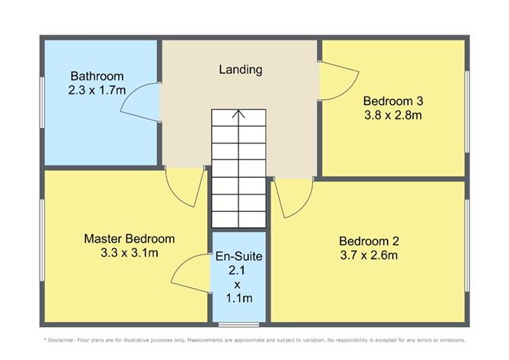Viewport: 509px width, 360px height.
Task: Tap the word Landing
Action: click(240, 70)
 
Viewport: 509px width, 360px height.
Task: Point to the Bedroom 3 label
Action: click(392, 101)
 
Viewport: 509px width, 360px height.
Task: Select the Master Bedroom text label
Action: click(130, 239)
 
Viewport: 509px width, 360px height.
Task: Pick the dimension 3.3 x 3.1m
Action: click(130, 252)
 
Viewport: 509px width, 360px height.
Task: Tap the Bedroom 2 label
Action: click(369, 241)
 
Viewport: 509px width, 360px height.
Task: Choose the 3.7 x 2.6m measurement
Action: click(369, 256)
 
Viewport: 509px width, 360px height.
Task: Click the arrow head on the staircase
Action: click(239, 114)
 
